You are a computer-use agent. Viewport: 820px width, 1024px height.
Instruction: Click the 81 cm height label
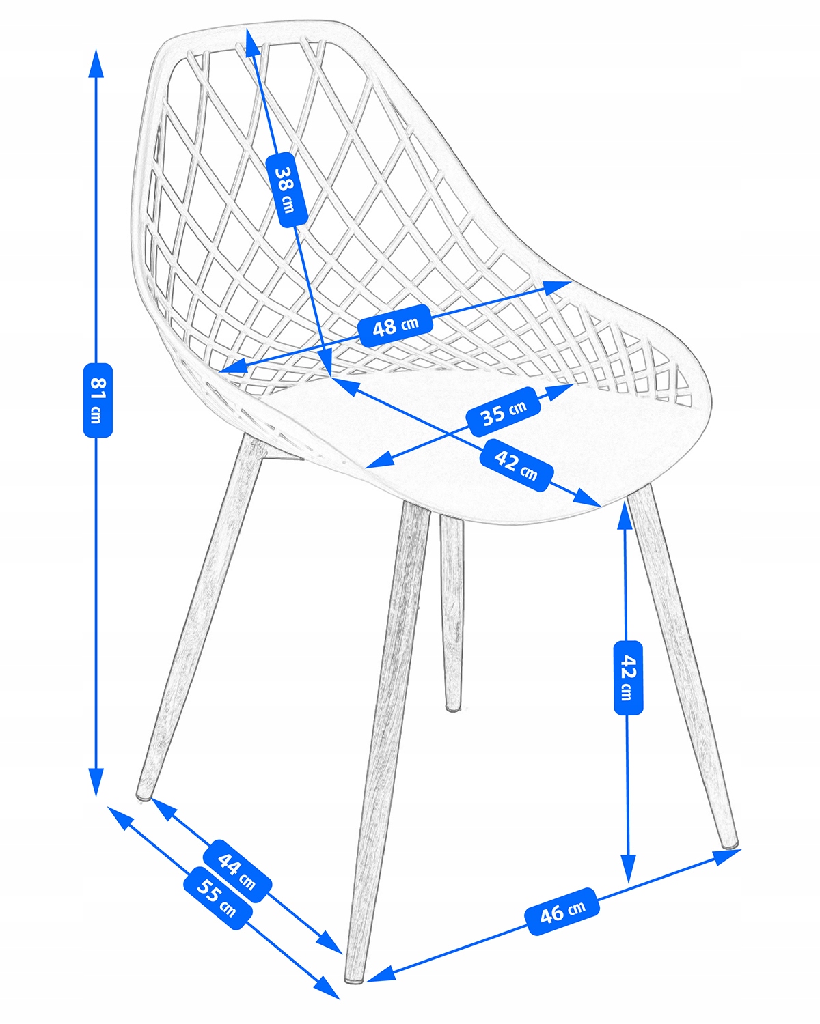[x=98, y=400]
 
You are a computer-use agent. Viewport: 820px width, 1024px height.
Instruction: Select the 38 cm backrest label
[x=286, y=189]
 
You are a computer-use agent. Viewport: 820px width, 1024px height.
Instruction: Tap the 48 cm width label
[x=395, y=326]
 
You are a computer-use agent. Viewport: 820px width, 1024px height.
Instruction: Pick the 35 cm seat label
[x=504, y=412]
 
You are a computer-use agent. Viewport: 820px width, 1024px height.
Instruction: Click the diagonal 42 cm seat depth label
[x=517, y=466]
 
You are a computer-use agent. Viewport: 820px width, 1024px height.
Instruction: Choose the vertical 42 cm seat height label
[x=629, y=678]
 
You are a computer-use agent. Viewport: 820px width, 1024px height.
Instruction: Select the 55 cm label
[x=218, y=898]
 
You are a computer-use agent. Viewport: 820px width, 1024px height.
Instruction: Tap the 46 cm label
[x=562, y=911]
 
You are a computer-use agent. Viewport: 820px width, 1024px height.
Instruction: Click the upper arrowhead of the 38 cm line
[x=251, y=42]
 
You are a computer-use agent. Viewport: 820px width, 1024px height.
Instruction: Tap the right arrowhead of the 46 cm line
[x=726, y=857]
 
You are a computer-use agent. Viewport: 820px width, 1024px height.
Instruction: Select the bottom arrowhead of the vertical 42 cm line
[x=629, y=869]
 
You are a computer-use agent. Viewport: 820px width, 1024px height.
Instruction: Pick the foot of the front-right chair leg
[x=729, y=843]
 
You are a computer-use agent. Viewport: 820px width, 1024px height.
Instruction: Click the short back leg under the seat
[x=452, y=613]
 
